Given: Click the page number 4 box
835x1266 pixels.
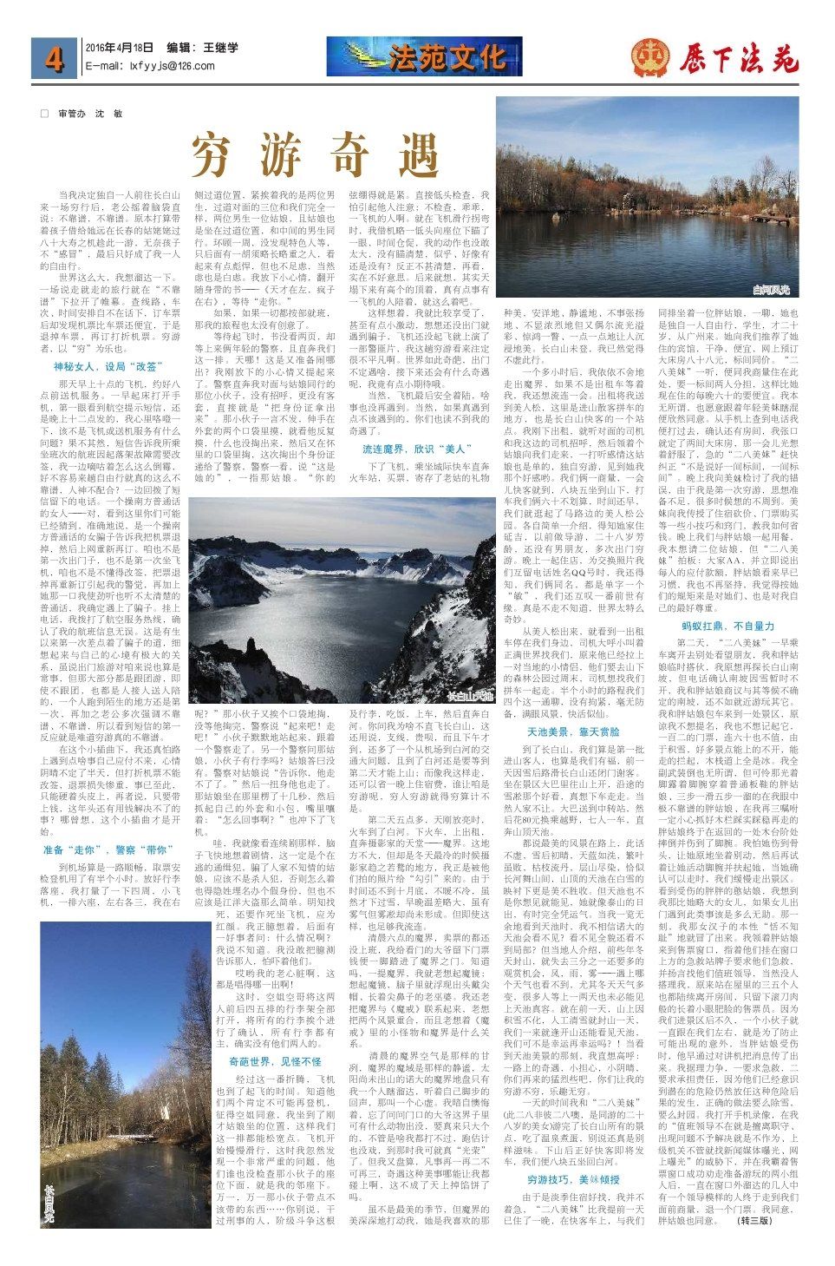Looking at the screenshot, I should click(55, 57).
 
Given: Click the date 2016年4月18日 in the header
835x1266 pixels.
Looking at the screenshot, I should click(119, 49).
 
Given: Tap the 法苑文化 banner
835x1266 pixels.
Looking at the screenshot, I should click(425, 56).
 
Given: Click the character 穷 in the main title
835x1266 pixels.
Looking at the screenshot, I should click(216, 156).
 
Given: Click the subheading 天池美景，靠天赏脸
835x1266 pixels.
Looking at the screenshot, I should click(573, 707).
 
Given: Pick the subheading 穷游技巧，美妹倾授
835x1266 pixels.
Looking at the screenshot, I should click(573, 1180).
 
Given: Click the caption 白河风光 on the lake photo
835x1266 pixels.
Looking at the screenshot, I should click(771, 289).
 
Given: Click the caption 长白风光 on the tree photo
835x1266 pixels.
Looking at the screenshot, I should click(49, 1203).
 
